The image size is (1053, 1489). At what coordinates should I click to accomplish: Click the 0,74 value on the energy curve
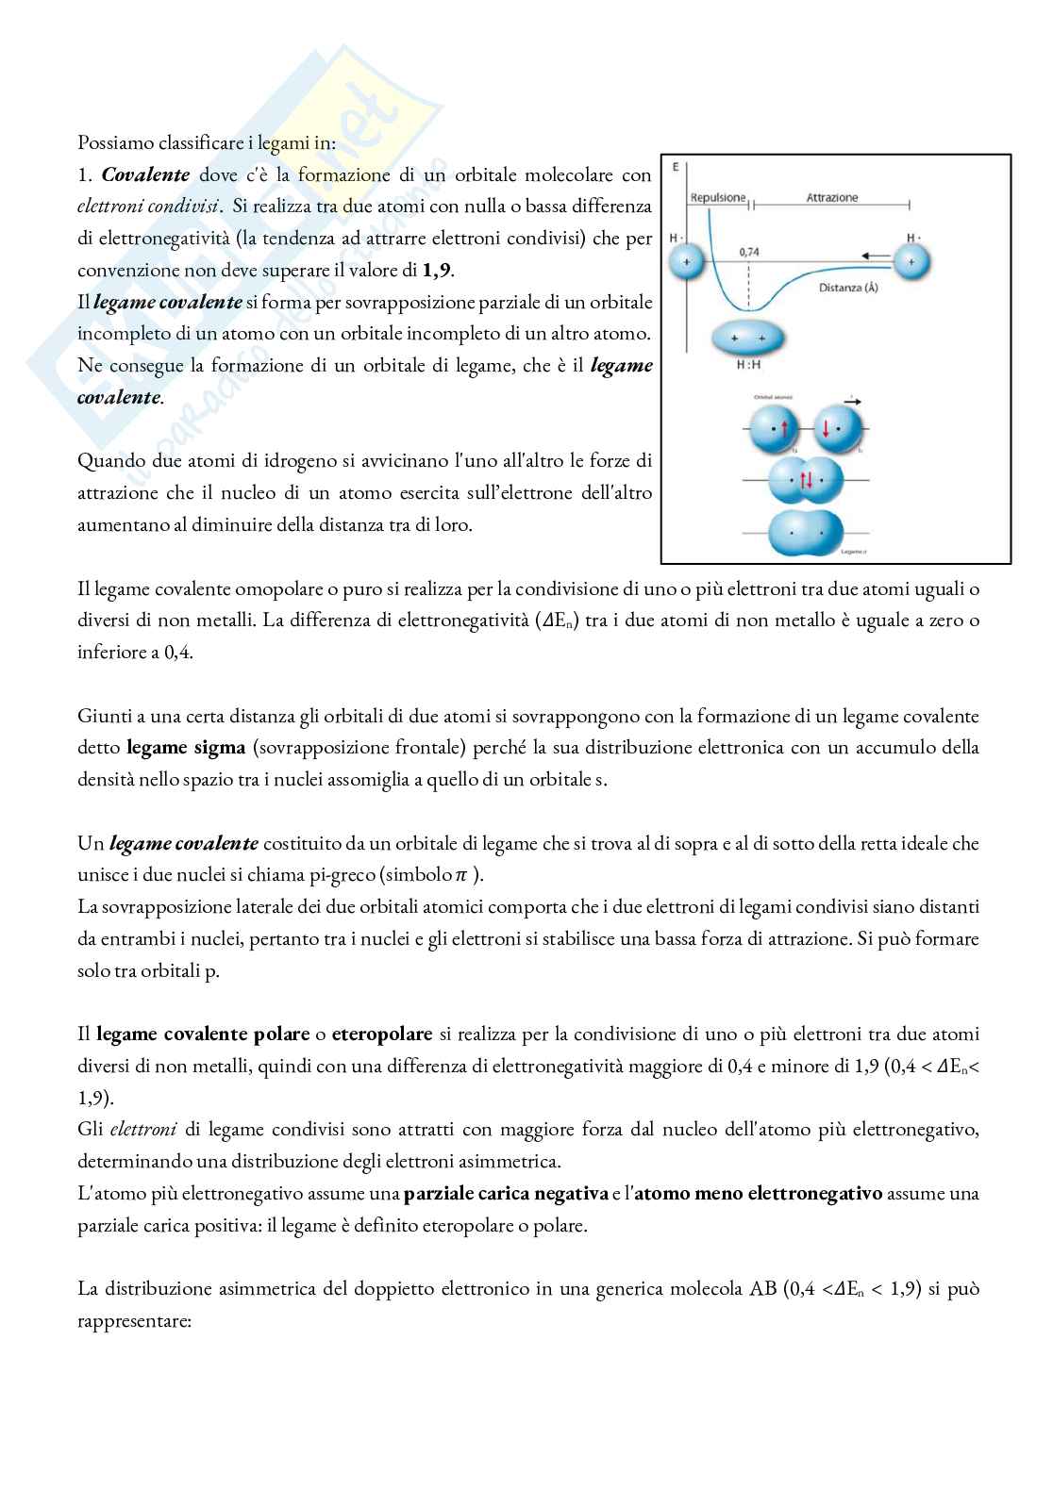coord(749,252)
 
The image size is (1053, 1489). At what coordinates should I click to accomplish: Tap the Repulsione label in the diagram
coord(718,198)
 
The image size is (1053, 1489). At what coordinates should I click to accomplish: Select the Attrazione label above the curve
coord(832,198)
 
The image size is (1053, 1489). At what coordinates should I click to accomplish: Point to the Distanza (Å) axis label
coord(848,288)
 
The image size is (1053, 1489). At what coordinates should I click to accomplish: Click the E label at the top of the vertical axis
coord(676,167)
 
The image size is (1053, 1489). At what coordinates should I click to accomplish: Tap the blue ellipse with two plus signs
coord(747,337)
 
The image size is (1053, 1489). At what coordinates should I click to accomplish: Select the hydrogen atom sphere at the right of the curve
coord(911,263)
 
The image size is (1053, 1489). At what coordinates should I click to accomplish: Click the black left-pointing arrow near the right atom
coord(876,254)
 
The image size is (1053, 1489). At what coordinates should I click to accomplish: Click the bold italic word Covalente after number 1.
coord(145,174)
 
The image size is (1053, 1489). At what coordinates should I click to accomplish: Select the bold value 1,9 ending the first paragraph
coord(437,271)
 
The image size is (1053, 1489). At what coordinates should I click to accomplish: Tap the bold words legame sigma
coord(186,748)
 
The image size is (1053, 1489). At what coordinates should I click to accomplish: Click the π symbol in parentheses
coord(460,875)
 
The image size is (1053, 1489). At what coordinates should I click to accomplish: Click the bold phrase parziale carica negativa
coord(506,1193)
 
